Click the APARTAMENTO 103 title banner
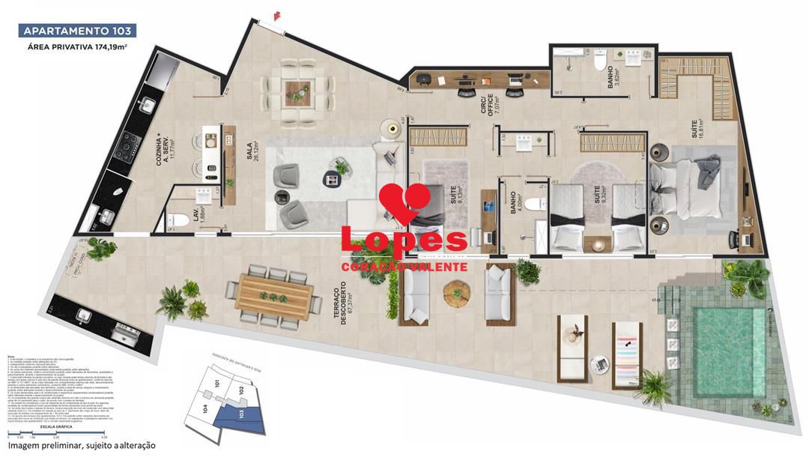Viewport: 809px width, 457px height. pyautogui.click(x=77, y=31)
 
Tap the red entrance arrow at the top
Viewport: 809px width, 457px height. pyautogui.click(x=278, y=15)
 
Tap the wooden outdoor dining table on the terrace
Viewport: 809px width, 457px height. pyautogui.click(x=274, y=295)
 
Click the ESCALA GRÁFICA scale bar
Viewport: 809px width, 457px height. pyautogui.click(x=57, y=434)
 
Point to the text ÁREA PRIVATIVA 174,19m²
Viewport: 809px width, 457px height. pyautogui.click(x=76, y=47)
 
